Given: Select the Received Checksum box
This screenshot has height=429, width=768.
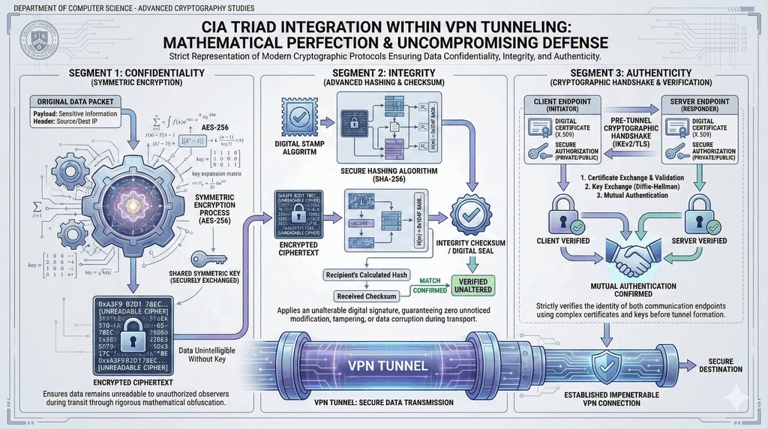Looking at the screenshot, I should [x=367, y=295].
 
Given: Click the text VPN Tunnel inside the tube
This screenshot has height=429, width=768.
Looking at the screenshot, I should [x=388, y=366].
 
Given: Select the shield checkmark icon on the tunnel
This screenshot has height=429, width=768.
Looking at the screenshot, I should [x=606, y=365].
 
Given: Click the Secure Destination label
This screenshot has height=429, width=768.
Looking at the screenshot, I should [x=721, y=364].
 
